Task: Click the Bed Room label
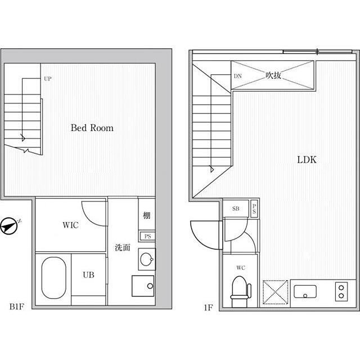tap(92, 128)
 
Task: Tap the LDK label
tap(307, 160)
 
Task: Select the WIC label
tap(70, 225)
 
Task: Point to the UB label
tap(89, 275)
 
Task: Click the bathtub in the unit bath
tap(54, 278)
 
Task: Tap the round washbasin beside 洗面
tap(146, 259)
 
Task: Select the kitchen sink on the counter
tap(305, 291)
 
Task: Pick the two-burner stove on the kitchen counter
tap(341, 291)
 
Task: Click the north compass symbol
tap(9, 226)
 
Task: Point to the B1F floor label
tap(16, 307)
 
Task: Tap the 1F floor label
tap(208, 308)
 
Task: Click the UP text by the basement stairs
tap(47, 79)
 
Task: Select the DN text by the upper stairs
tap(237, 76)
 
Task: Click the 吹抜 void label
tap(273, 75)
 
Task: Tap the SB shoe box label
tap(236, 209)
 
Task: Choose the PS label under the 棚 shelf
tap(147, 236)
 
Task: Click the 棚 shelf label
tap(147, 215)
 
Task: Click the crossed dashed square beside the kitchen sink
tap(275, 292)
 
